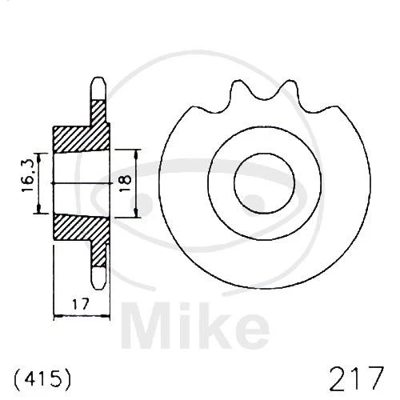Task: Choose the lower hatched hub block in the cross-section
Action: tap(80, 227)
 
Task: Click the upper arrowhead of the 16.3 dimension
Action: tap(38, 156)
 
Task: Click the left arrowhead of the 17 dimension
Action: tap(56, 315)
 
